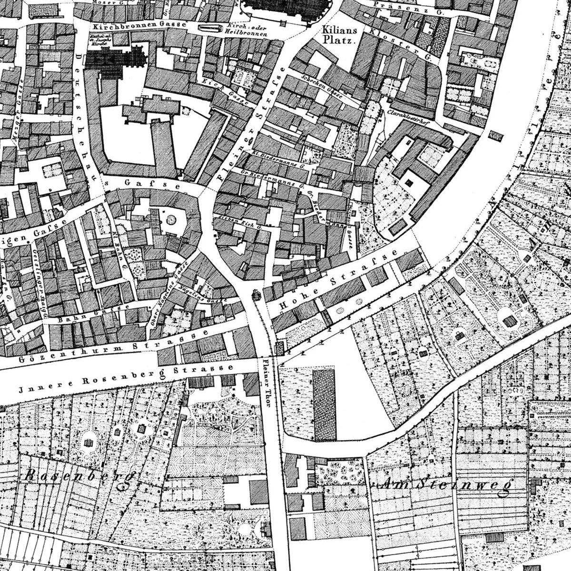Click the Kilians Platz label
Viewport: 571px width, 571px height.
[x=339, y=35]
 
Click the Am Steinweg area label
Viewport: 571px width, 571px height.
[x=445, y=485]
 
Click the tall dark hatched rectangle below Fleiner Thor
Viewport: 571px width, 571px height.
[x=324, y=405]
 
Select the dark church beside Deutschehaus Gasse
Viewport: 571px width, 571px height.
[x=116, y=62]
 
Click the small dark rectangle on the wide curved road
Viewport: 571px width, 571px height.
[x=496, y=136]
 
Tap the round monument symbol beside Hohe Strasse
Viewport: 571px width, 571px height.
[x=256, y=295]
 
